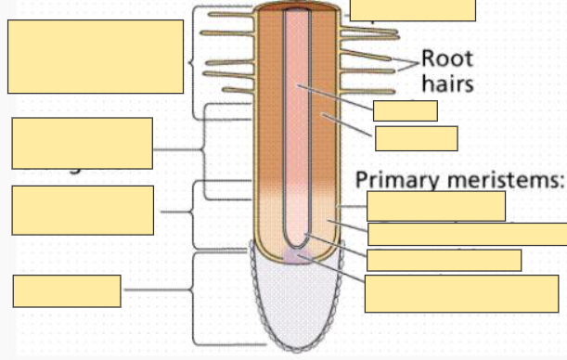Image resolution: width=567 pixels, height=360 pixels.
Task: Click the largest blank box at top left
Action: (96, 57)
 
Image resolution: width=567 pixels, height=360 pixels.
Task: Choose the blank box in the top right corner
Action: (413, 9)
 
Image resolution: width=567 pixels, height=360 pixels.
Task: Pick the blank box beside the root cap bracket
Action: (67, 290)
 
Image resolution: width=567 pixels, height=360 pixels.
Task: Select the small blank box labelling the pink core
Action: (405, 111)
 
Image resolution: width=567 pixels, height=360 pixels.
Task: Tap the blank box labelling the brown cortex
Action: (416, 138)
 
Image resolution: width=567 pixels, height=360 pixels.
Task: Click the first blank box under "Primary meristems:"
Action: (436, 206)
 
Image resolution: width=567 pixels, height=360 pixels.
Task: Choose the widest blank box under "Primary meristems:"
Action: (467, 234)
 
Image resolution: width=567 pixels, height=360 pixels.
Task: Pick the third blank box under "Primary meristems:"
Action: (445, 260)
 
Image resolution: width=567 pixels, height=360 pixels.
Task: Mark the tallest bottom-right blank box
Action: (461, 293)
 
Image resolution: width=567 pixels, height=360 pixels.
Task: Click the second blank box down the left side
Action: (82, 143)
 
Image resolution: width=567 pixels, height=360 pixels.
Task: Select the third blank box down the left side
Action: (83, 211)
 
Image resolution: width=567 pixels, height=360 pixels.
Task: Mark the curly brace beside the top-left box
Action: (192, 63)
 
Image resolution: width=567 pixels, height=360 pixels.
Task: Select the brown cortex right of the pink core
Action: (328, 130)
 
